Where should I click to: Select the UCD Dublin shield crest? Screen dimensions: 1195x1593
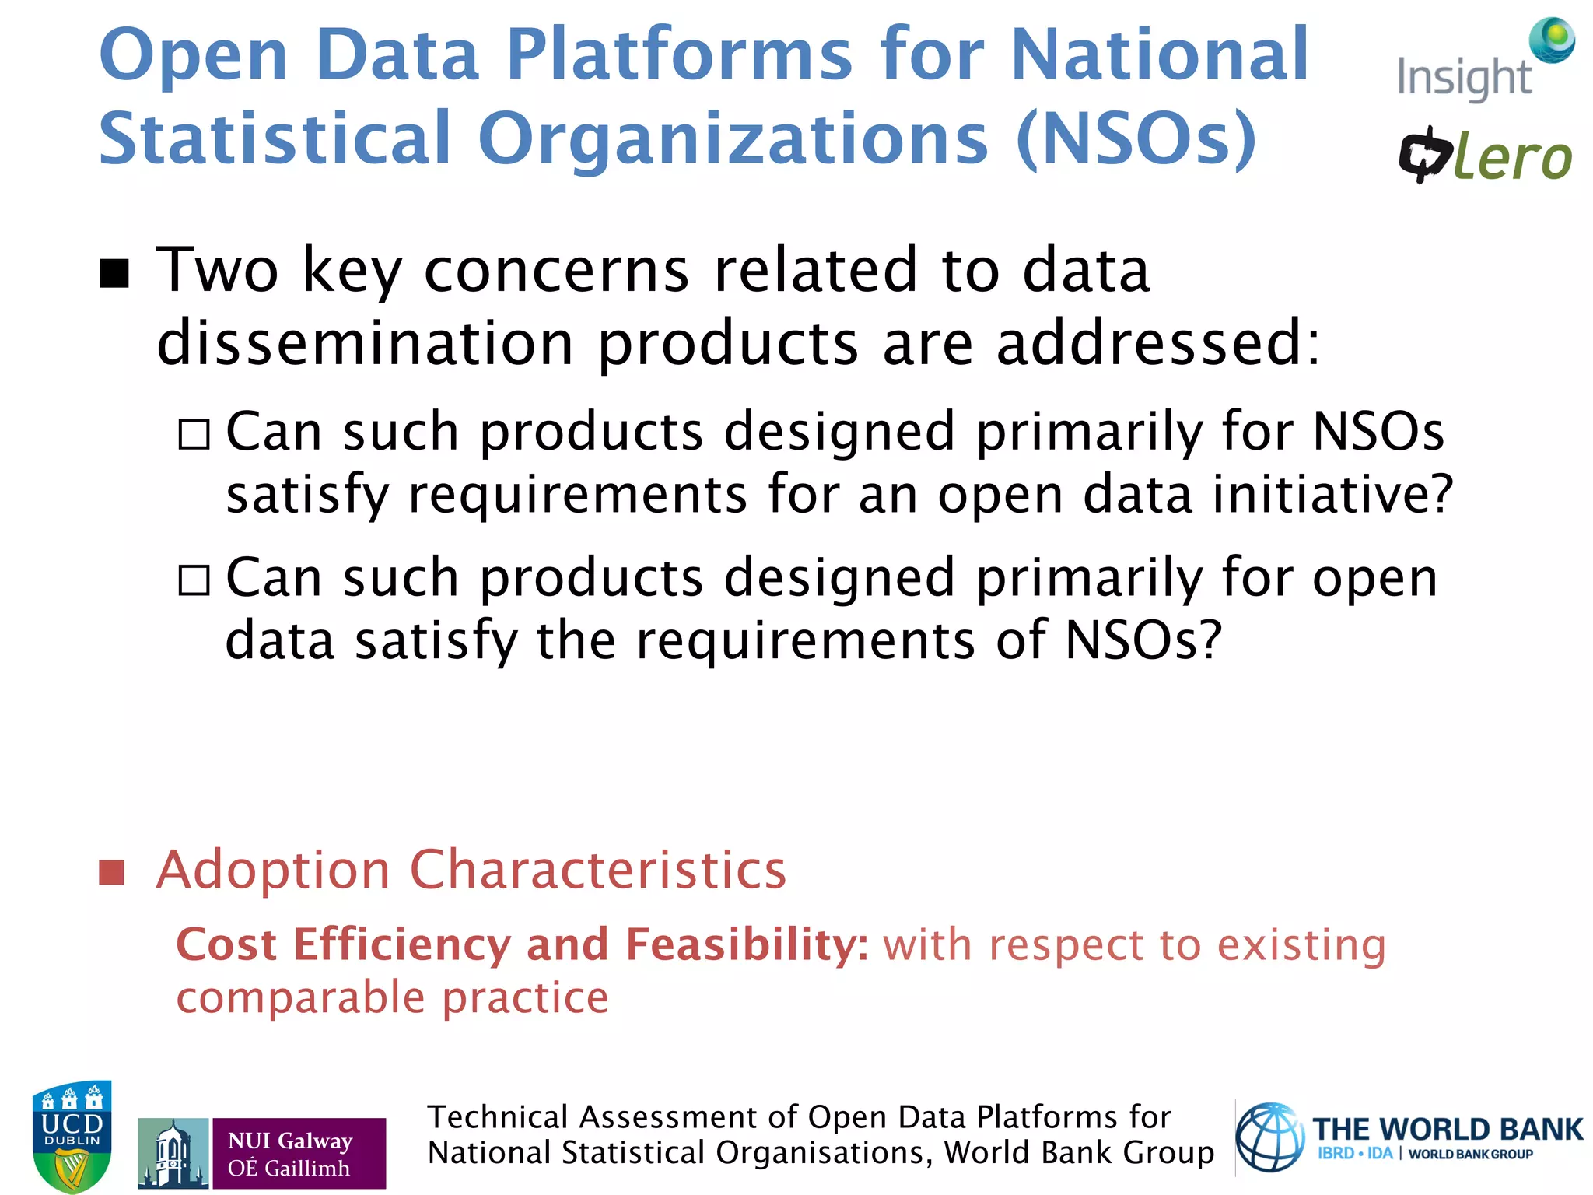coord(72,1136)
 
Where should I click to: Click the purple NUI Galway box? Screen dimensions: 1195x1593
coord(299,1153)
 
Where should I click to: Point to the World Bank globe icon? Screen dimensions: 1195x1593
coord(1270,1137)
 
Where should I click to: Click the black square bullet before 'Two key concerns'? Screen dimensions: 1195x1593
coord(114,273)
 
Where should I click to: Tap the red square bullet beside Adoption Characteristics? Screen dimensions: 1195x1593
coord(112,872)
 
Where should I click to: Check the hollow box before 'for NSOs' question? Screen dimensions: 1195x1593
coord(194,434)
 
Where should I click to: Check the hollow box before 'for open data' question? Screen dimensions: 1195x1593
coord(194,580)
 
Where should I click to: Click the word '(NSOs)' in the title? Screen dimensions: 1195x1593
coord(1136,138)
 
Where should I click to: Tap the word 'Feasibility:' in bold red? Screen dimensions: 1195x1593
coord(747,944)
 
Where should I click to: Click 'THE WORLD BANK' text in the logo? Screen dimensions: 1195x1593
coord(1448,1129)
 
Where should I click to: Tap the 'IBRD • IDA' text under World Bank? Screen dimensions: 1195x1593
coord(1354,1154)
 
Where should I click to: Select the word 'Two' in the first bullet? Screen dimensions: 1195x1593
coord(217,270)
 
